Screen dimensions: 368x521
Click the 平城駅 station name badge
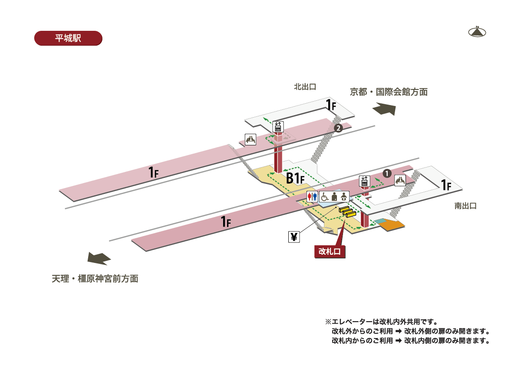tap(68, 38)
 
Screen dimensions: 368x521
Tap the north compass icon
tap(477, 32)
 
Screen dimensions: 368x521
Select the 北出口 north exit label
tap(305, 87)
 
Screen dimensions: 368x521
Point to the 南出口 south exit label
tap(465, 206)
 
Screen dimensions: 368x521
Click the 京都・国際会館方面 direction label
tap(389, 92)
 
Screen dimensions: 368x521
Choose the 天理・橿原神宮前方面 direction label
tap(95, 279)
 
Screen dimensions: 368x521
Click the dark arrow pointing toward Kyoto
tap(384, 108)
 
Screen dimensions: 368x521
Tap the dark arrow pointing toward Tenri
tap(99, 258)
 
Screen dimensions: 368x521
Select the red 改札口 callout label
tap(330, 251)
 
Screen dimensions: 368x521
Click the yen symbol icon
tap(294, 237)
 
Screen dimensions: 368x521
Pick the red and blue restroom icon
tap(312, 196)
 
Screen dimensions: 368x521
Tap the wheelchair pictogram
tap(324, 196)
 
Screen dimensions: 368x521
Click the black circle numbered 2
tap(338, 128)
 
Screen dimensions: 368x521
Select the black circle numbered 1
tap(387, 173)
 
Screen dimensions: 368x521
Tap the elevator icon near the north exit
tap(278, 126)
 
